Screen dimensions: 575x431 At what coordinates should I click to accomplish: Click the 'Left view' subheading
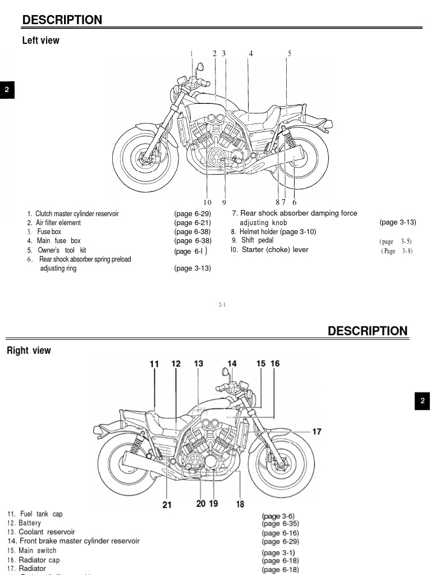coord(40,40)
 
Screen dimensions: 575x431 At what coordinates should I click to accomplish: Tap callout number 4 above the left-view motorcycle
coord(251,53)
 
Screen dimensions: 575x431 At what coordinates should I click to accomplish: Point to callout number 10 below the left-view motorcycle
coord(207,202)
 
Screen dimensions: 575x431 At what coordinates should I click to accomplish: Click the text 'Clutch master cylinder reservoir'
coord(77,214)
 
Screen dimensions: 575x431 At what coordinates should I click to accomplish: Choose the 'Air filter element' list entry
coord(58,223)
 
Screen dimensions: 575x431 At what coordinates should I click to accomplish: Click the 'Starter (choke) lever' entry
coord(274,250)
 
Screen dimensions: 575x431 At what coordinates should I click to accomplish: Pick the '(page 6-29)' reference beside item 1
coord(192,214)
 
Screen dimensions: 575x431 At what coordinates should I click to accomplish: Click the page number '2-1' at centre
coord(222,305)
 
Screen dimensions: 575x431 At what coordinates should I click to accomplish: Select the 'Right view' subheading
coord(29,350)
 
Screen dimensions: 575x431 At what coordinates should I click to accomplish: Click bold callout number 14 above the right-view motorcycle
coord(232,364)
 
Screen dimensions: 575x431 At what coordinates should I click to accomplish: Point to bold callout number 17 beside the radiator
coord(317,431)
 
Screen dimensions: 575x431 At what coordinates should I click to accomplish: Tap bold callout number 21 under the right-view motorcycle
coord(167,504)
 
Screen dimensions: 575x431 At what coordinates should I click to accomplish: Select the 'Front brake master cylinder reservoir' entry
coord(79,541)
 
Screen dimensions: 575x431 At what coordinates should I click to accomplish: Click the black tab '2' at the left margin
coord(7,90)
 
